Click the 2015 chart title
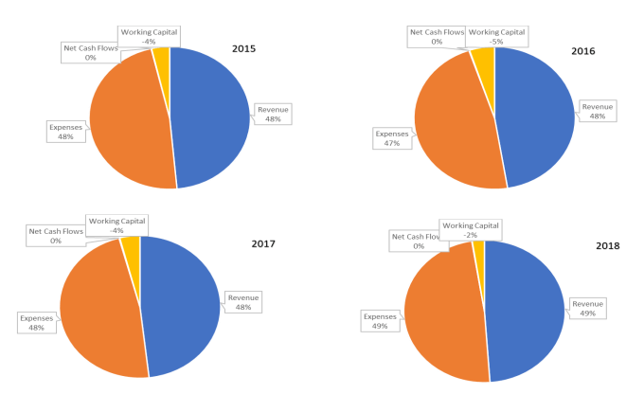244,47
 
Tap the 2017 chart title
262,244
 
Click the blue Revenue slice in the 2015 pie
213,118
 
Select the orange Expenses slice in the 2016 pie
455,123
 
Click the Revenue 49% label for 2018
587,309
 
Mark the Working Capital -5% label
495,36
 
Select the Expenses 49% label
379,320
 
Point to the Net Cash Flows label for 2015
90,51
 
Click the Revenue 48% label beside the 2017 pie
243,303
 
